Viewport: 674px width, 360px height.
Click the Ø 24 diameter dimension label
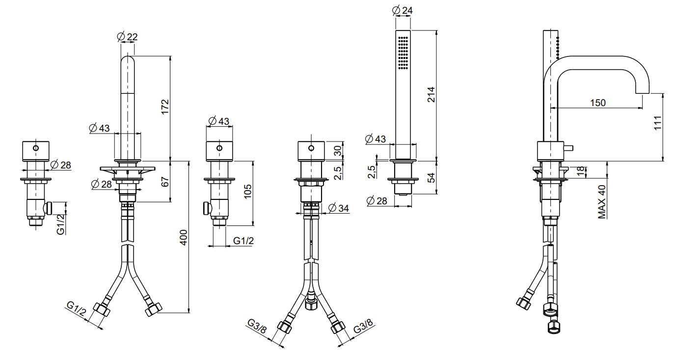point(403,10)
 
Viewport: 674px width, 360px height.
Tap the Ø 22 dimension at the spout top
point(127,37)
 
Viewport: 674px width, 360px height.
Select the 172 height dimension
point(165,107)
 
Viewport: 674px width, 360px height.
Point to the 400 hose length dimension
point(184,238)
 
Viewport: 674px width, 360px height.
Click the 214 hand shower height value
point(431,94)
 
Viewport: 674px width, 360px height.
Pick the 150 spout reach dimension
point(597,103)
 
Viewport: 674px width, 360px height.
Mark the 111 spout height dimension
point(658,123)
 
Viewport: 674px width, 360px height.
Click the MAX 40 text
point(602,202)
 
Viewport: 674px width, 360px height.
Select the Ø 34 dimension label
point(339,208)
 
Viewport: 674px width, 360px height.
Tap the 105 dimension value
point(247,191)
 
